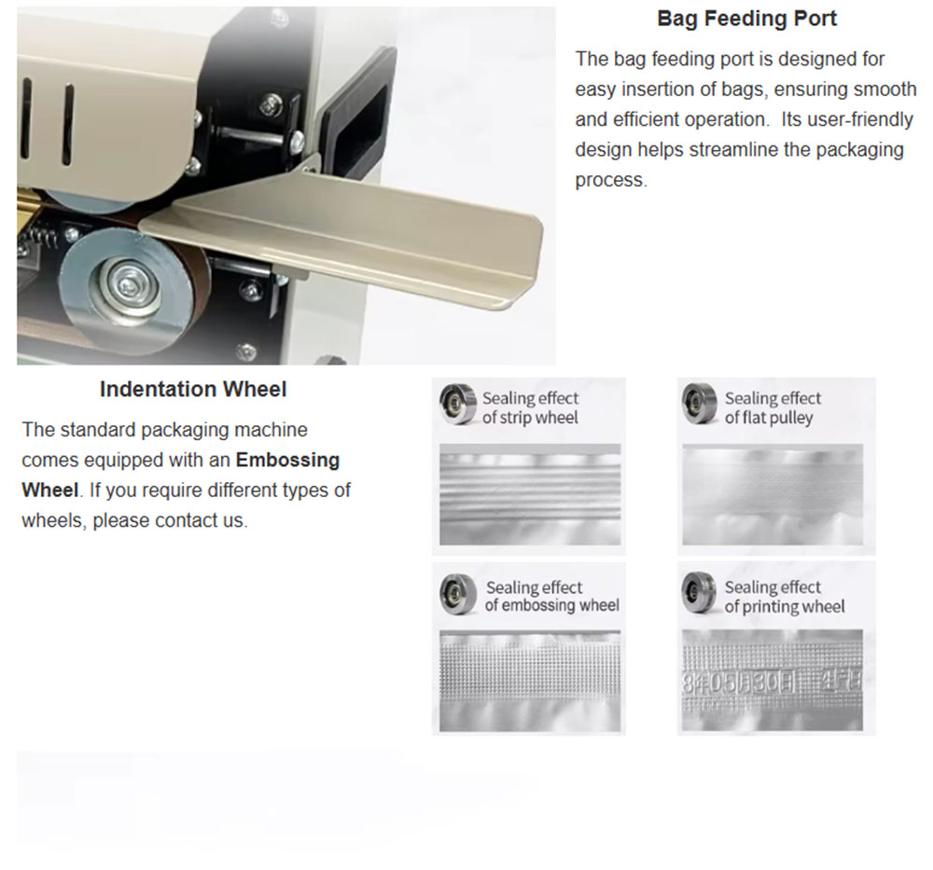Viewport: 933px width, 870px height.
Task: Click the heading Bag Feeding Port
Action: tap(746, 19)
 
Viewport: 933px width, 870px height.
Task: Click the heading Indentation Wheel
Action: tap(193, 389)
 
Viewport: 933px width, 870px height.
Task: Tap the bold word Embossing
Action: tap(288, 460)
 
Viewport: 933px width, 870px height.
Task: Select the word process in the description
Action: tap(610, 180)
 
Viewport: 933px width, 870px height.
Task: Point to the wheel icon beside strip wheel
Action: tap(458, 404)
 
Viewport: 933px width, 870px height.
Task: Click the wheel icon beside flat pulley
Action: tap(700, 404)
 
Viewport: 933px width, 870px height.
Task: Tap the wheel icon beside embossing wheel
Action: tap(458, 595)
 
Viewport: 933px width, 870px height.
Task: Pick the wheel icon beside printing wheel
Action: tap(700, 593)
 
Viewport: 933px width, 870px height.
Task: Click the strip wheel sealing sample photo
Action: tap(530, 494)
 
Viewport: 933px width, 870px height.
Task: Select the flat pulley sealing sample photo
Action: tap(773, 494)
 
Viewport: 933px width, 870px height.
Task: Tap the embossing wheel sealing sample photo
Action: tap(530, 681)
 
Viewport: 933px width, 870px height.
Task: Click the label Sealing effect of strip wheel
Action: tap(530, 407)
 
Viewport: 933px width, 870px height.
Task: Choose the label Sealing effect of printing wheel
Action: tap(785, 597)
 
